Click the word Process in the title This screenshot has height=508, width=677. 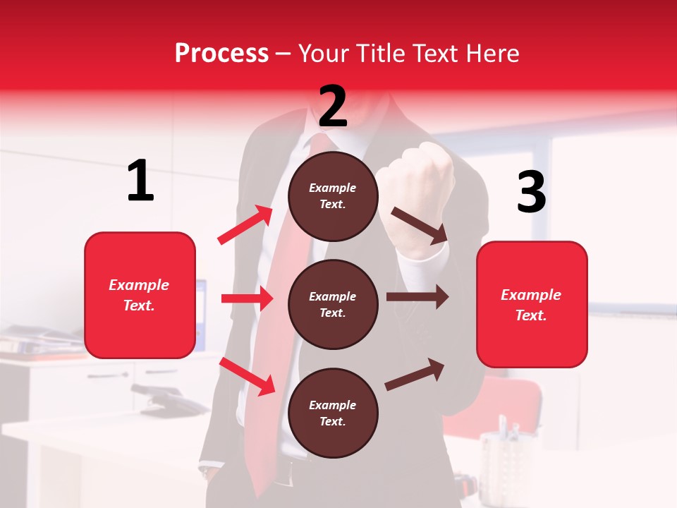[221, 53]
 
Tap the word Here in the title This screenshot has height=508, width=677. [490, 53]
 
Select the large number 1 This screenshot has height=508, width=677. [140, 181]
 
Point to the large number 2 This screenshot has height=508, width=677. [333, 107]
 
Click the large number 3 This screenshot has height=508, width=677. [531, 192]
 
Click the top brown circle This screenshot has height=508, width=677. [333, 196]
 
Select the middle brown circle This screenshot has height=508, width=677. [333, 304]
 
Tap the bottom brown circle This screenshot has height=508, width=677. [333, 413]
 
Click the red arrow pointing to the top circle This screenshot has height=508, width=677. [245, 225]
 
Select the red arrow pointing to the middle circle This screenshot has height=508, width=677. [247, 298]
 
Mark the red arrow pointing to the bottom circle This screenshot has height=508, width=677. [248, 376]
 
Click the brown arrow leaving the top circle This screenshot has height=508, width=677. [420, 226]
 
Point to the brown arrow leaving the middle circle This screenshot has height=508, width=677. [417, 297]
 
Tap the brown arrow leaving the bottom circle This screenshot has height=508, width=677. [415, 374]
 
